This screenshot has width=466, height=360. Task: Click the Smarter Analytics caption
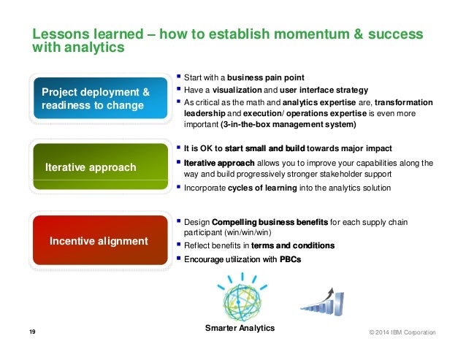tap(240, 329)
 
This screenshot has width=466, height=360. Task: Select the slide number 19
tap(32, 332)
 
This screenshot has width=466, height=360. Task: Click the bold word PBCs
tap(290, 258)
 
